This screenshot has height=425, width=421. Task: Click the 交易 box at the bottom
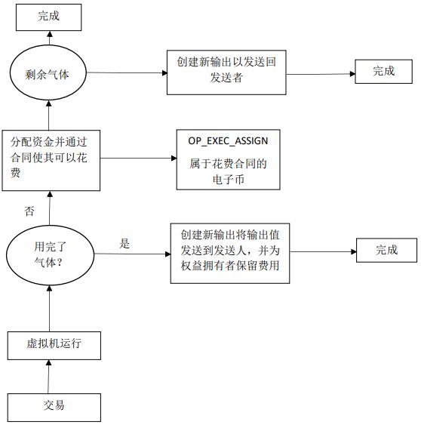(x=54, y=405)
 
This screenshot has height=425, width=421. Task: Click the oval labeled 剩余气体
(x=50, y=73)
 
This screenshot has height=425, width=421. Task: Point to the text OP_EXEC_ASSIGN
(x=228, y=141)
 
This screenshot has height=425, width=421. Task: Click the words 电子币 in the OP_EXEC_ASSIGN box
(x=228, y=180)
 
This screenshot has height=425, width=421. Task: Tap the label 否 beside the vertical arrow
(x=29, y=212)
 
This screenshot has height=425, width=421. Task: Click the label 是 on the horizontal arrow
(x=125, y=244)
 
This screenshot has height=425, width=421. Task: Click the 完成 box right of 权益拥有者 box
(x=386, y=250)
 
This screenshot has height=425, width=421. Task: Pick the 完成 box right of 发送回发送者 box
(x=383, y=72)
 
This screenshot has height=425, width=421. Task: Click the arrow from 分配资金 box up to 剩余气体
(x=50, y=113)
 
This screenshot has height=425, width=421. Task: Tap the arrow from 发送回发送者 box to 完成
(x=321, y=73)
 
